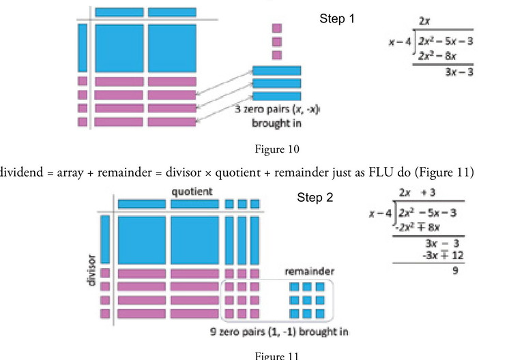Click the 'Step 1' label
pyautogui.click(x=337, y=19)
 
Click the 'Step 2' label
pyautogui.click(x=315, y=198)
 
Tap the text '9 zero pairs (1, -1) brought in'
pyautogui.click(x=280, y=332)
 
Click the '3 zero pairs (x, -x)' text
pyautogui.click(x=276, y=110)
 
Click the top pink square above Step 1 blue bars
pyautogui.click(x=276, y=28)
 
